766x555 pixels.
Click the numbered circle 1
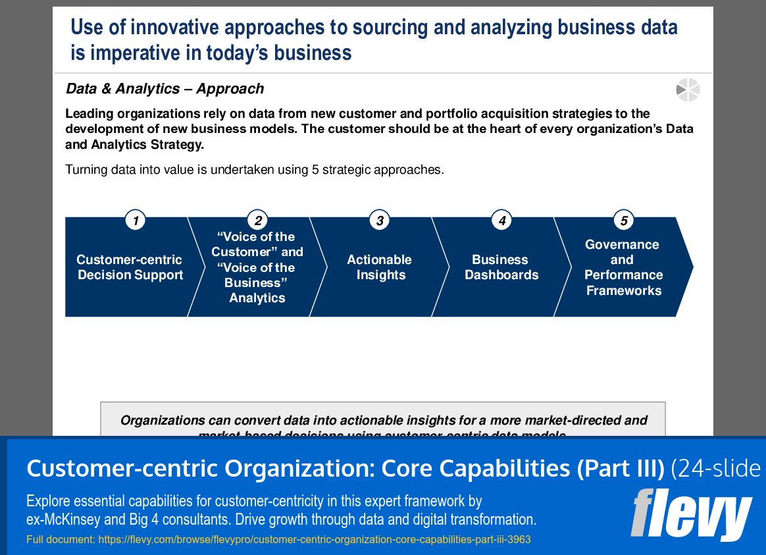point(135,221)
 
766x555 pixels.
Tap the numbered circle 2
point(257,221)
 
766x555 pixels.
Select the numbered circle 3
point(379,221)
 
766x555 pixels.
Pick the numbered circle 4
point(501,221)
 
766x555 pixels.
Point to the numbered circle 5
point(623,221)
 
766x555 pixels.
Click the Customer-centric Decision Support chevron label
point(130,267)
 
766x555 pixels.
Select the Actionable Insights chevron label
point(380,267)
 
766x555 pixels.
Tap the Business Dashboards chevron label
point(501,267)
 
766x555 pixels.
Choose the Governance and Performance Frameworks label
point(623,267)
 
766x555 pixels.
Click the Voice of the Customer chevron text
point(257,267)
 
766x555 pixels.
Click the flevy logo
point(691,514)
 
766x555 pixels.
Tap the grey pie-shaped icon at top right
point(688,90)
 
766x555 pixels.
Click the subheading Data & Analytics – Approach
point(165,89)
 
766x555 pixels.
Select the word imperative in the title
point(134,53)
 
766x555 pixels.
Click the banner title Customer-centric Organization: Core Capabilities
point(345,468)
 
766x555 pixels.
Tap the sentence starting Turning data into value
point(255,170)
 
